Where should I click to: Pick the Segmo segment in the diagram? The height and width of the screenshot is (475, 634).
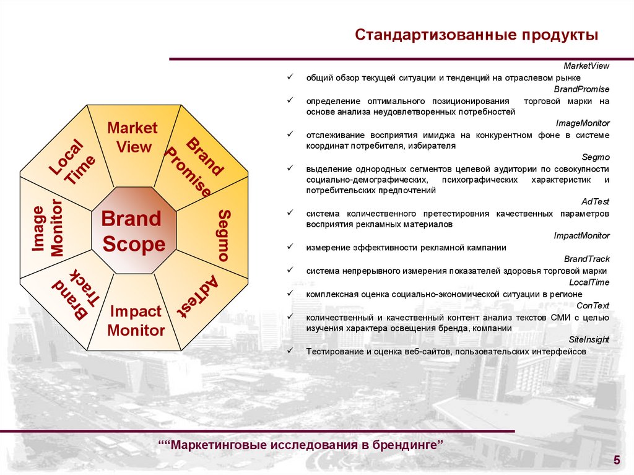tap(224, 235)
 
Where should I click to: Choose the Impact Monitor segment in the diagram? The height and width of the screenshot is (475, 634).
tap(136, 321)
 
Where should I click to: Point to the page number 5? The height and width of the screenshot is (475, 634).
tap(616, 459)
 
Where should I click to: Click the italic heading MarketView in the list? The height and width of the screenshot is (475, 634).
tap(586, 66)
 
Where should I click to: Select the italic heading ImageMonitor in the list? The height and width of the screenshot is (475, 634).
tap(583, 123)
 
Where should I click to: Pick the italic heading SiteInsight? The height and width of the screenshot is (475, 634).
tap(589, 339)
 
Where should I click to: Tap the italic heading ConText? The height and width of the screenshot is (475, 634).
tap(593, 305)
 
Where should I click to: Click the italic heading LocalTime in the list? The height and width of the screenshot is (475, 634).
tap(589, 282)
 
